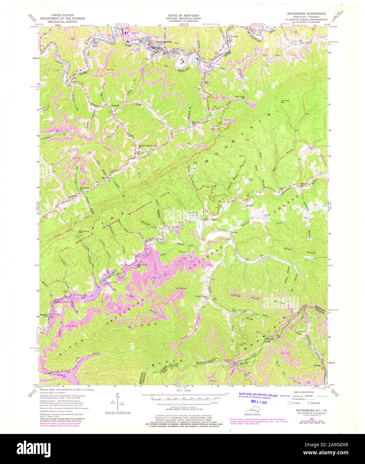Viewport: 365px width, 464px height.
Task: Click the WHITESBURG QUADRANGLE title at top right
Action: click(x=306, y=13)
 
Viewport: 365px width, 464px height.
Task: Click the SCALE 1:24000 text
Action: click(x=182, y=391)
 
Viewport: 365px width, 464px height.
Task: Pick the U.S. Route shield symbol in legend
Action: click(x=290, y=403)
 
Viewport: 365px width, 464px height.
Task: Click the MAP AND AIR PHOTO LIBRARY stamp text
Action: click(x=258, y=396)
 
